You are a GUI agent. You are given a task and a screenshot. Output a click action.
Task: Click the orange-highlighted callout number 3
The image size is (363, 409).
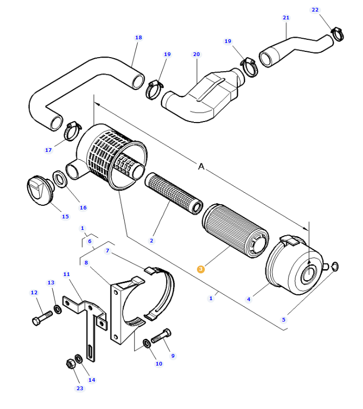coord(201,269)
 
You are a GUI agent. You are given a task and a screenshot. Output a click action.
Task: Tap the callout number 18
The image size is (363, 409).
coord(138,38)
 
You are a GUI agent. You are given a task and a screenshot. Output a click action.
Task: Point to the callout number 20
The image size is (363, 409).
coord(196,54)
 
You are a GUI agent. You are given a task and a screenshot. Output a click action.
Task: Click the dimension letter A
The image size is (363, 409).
coord(201,167)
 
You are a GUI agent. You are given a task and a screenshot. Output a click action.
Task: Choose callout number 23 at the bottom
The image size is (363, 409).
coord(80,388)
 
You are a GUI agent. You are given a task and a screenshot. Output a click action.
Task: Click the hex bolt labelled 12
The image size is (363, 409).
coord(42,317)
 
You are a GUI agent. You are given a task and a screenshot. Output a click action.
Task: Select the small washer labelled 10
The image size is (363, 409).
coord(147,344)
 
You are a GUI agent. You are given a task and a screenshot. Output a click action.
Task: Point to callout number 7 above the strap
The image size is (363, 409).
coord(107,251)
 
